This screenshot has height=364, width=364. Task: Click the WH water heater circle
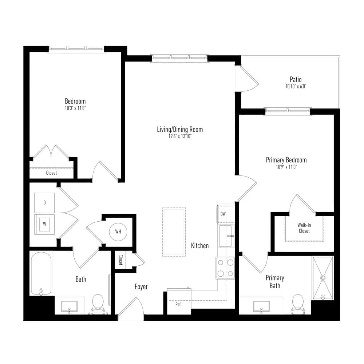point(118,232)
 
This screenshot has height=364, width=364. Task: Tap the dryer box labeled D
point(44,203)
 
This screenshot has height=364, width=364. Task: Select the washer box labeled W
point(44,224)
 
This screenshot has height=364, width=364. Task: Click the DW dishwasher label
point(223,214)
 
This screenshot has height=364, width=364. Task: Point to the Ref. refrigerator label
point(178,304)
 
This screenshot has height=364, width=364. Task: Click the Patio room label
point(296,79)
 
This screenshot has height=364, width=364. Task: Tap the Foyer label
point(141,287)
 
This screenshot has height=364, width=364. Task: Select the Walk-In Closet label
point(304,228)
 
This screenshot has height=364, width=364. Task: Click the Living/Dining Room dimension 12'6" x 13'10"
point(180,136)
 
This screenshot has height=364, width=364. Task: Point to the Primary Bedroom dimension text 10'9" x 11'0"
point(286,167)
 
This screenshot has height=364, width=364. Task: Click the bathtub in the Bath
point(41,274)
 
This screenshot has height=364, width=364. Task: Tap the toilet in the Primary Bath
point(298,304)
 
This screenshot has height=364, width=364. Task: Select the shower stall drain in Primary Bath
point(323,278)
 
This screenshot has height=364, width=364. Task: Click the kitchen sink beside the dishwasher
point(226,236)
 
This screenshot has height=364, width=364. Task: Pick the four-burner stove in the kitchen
point(225,268)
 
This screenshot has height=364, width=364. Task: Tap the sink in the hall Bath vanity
point(70,306)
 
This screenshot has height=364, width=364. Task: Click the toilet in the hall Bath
point(98,304)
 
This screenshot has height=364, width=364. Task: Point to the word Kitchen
point(200,246)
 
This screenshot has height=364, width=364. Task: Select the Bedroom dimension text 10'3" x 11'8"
point(75,108)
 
